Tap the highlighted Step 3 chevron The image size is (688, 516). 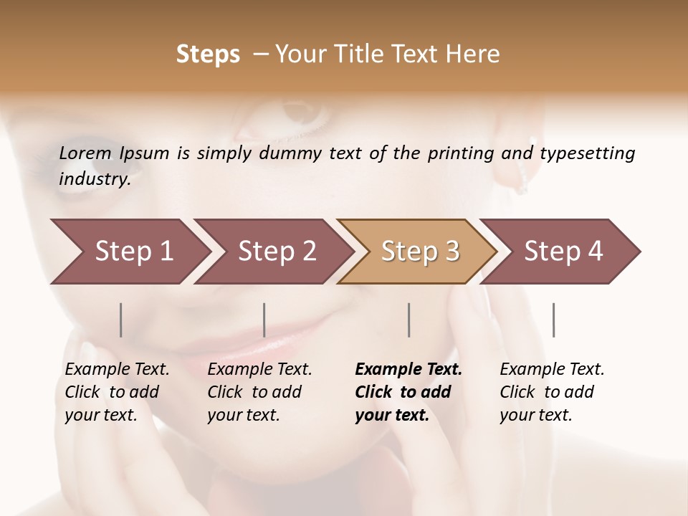pyautogui.click(x=420, y=252)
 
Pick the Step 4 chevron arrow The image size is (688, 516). pyautogui.click(x=563, y=252)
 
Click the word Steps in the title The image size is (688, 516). pyautogui.click(x=208, y=54)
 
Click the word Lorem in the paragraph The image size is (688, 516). pyautogui.click(x=85, y=153)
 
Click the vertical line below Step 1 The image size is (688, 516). pyautogui.click(x=121, y=320)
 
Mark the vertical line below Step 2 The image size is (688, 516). pyautogui.click(x=264, y=320)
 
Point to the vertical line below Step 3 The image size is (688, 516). pyautogui.click(x=409, y=320)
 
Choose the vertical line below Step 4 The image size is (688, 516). pyautogui.click(x=554, y=320)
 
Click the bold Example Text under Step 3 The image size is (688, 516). pyautogui.click(x=408, y=370)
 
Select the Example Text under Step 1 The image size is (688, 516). pyautogui.click(x=117, y=370)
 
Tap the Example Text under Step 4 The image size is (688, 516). pyautogui.click(x=552, y=370)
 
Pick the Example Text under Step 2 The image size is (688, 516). pyautogui.click(x=259, y=370)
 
